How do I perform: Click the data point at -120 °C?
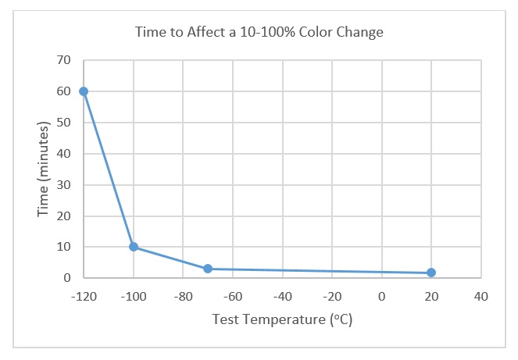coord(84,91)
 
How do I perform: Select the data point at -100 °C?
coord(134,247)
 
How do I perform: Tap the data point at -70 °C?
coord(208,269)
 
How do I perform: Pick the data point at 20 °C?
coord(431,273)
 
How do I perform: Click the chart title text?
coord(259,33)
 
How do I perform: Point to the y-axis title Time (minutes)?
coord(45,168)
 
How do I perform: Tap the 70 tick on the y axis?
coord(64,60)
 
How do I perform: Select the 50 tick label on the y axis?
coord(64,123)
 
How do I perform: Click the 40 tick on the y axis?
coord(64,154)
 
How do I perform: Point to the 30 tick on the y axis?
coord(64,185)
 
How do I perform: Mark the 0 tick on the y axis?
coord(67,278)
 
